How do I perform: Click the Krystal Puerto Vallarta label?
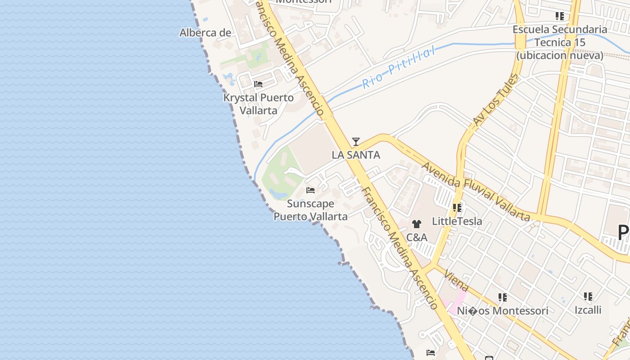pyautogui.click(x=258, y=104)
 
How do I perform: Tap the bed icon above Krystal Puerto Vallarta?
pyautogui.click(x=258, y=84)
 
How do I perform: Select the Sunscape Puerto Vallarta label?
pyautogui.click(x=310, y=210)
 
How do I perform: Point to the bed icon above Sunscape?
pyautogui.click(x=310, y=190)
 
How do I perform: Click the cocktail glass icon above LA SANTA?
pyautogui.click(x=356, y=142)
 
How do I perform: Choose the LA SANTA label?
pyautogui.click(x=356, y=155)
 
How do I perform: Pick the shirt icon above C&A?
pyautogui.click(x=417, y=224)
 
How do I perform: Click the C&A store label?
pyautogui.click(x=417, y=237)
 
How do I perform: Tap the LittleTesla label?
pyautogui.click(x=457, y=221)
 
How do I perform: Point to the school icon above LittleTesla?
pyautogui.click(x=457, y=208)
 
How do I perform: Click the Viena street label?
pyautogui.click(x=456, y=280)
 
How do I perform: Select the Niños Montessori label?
pyautogui.click(x=503, y=311)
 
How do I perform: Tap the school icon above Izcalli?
pyautogui.click(x=588, y=297)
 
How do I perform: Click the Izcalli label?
pyautogui.click(x=588, y=310)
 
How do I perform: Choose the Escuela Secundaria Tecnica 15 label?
pyautogui.click(x=560, y=43)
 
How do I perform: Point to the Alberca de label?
pyautogui.click(x=205, y=33)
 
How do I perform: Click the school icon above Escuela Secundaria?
pyautogui.click(x=560, y=16)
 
